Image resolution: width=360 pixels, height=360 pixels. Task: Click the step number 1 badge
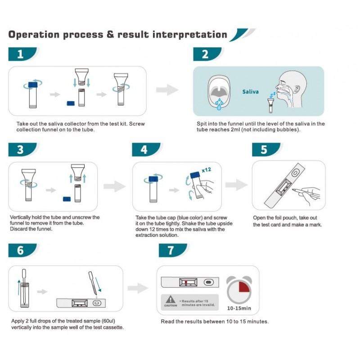point(21,54)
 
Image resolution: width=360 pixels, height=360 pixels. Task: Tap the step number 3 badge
point(21,150)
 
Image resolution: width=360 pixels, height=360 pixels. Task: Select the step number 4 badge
point(144,150)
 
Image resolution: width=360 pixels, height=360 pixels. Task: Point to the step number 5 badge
point(264,150)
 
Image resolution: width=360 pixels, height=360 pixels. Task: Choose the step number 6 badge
point(21,250)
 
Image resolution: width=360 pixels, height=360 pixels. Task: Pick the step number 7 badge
point(171,250)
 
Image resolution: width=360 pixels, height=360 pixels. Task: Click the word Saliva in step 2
point(250,91)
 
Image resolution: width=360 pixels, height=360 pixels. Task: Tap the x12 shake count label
point(207,170)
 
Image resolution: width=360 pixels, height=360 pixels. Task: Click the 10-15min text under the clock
point(239,309)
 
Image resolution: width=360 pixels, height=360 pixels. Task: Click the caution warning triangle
point(170,300)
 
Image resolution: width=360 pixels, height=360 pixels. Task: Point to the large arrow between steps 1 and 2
point(167,90)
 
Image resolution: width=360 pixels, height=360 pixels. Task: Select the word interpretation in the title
point(189,35)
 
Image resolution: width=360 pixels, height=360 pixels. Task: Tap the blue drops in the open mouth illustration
point(218,105)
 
